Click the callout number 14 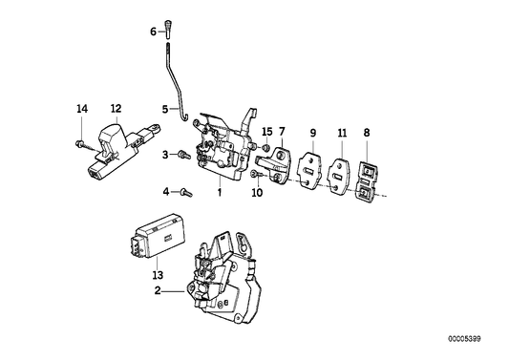(x=80, y=109)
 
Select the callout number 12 (x=115, y=109)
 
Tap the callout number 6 (x=152, y=31)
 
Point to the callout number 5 (x=164, y=108)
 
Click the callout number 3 (x=164, y=154)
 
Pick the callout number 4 (x=164, y=192)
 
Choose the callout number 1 (x=219, y=192)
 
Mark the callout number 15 (x=267, y=131)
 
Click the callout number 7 (x=283, y=131)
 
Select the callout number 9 (x=311, y=131)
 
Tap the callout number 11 (x=342, y=131)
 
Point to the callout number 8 (x=368, y=131)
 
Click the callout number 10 (x=257, y=192)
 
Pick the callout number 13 (x=158, y=276)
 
